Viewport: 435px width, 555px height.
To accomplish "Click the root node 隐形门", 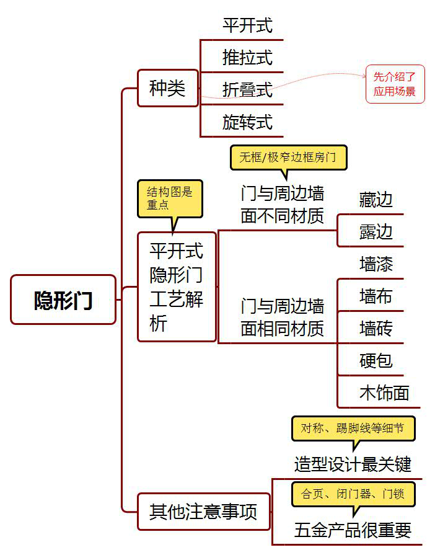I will point(63,300).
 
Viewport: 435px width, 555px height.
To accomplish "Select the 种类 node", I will point(167,88).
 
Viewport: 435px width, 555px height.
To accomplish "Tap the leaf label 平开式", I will point(247,25).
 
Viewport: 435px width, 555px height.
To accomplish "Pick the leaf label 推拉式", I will point(247,58).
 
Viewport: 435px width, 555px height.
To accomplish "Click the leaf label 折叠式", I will point(247,89).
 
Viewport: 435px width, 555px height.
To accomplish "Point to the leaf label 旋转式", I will point(247,122).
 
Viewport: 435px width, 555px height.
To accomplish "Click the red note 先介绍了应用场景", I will point(395,84).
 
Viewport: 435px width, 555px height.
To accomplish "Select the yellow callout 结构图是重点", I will point(170,198).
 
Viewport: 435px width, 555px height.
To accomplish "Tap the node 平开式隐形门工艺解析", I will point(177,286).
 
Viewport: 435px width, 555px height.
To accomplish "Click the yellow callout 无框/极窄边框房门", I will point(288,157).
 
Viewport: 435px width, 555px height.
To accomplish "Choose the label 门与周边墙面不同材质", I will point(283,205).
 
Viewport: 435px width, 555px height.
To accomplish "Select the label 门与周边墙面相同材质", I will point(283,317).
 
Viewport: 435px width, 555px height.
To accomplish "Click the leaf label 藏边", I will point(376,200).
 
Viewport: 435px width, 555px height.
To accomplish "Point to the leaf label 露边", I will point(376,232).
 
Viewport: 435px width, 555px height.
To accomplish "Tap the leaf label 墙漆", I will point(376,264).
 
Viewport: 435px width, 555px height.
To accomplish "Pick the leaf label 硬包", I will point(376,360).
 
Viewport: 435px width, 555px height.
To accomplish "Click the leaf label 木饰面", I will point(384,393).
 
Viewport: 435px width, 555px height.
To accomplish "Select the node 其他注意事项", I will point(203,512).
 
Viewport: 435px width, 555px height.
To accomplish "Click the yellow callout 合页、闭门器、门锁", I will point(353,494).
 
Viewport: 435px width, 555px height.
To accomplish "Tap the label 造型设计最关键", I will point(353,464).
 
